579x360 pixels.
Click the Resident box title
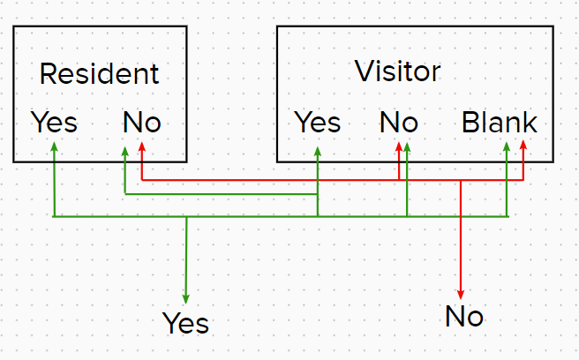point(100,73)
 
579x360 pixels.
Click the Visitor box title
point(398,71)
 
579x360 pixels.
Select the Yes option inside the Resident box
point(55,122)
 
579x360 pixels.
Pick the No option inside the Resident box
point(142,123)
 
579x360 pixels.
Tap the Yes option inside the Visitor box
point(318,122)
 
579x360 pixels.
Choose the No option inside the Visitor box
point(399,123)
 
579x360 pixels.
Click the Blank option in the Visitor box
point(500,122)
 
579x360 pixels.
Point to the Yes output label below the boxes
point(185,323)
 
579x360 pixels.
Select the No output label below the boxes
point(464,316)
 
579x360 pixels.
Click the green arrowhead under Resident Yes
point(55,146)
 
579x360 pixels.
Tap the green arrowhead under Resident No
point(125,151)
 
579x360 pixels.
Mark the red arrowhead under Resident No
point(142,146)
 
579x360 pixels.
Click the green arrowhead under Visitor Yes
point(318,151)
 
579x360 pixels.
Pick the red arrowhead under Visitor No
point(399,146)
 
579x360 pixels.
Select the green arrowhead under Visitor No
point(407,147)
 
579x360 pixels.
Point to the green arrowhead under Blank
point(507,146)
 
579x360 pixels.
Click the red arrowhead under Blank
point(523,145)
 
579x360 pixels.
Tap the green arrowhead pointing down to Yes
point(185,299)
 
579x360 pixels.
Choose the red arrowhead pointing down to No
point(461,295)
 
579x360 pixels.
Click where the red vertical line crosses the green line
point(461,216)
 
